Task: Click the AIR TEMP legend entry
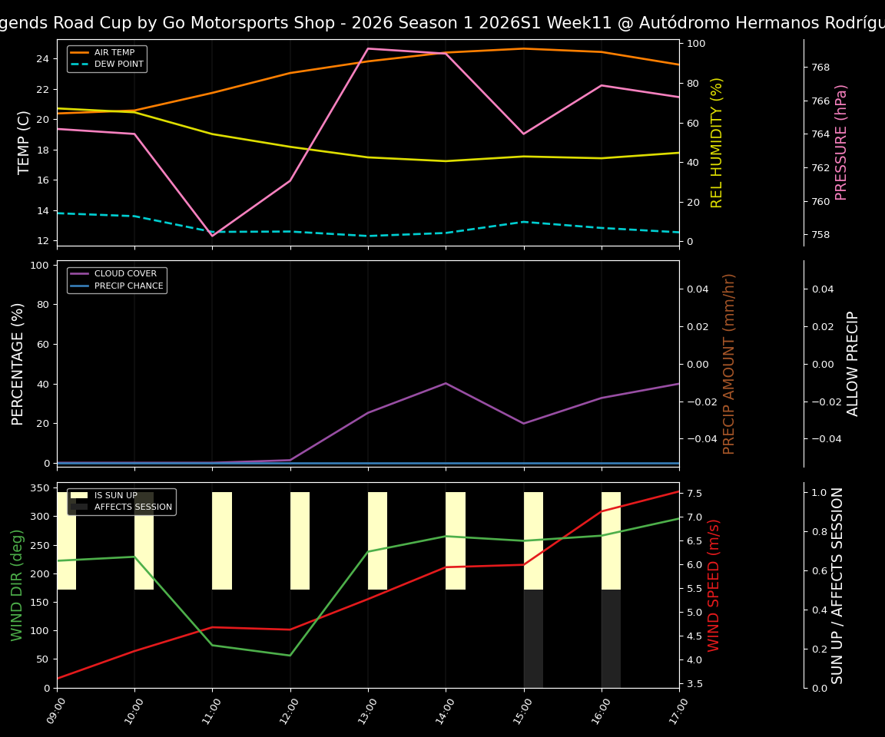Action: tap(114, 53)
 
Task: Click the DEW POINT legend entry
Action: tap(118, 64)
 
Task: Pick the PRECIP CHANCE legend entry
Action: tap(128, 286)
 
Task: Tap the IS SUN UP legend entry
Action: tap(115, 495)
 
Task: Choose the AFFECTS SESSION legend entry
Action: tap(132, 507)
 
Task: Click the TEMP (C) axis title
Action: tap(25, 142)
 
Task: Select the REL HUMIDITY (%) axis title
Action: tap(717, 142)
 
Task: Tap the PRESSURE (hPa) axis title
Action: tap(841, 142)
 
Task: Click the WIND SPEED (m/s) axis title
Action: tap(714, 585)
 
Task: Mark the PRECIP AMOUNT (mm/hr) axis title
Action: tap(729, 363)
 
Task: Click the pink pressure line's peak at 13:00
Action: tap(368, 48)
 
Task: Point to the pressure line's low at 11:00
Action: tap(212, 236)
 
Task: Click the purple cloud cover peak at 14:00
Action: tap(446, 383)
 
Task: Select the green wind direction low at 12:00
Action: tap(290, 656)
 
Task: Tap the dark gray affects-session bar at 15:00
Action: tap(533, 639)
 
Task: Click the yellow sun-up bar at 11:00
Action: tap(222, 540)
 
